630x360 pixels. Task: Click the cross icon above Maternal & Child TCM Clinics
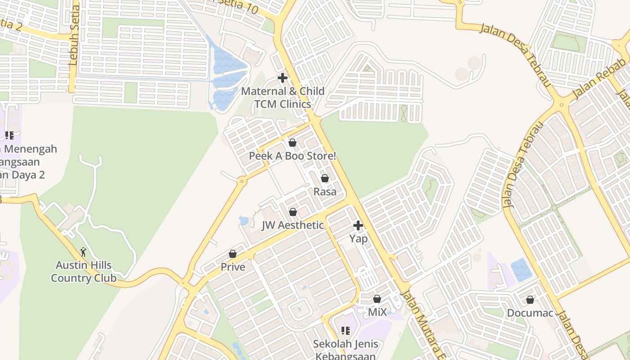pos(283,78)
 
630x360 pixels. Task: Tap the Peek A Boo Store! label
pos(292,156)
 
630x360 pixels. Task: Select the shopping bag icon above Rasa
pos(325,178)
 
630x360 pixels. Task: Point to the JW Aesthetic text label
pos(292,225)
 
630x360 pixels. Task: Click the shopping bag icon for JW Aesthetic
pos(293,211)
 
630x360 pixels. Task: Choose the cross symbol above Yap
pos(358,225)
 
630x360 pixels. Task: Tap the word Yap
pos(359,238)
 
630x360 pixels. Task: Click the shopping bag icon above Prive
pos(233,254)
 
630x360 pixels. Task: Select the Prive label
pos(233,267)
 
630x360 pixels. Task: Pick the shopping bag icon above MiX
pos(377,299)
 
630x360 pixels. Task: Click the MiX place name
pos(377,312)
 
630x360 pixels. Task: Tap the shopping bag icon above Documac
pos(530,300)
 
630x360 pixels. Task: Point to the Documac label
pos(530,313)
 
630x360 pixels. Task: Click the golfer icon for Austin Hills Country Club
pos(83,252)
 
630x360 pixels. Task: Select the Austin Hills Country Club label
pos(83,271)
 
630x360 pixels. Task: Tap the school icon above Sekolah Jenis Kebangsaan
pos(346,331)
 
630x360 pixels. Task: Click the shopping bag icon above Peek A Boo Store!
pos(292,143)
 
